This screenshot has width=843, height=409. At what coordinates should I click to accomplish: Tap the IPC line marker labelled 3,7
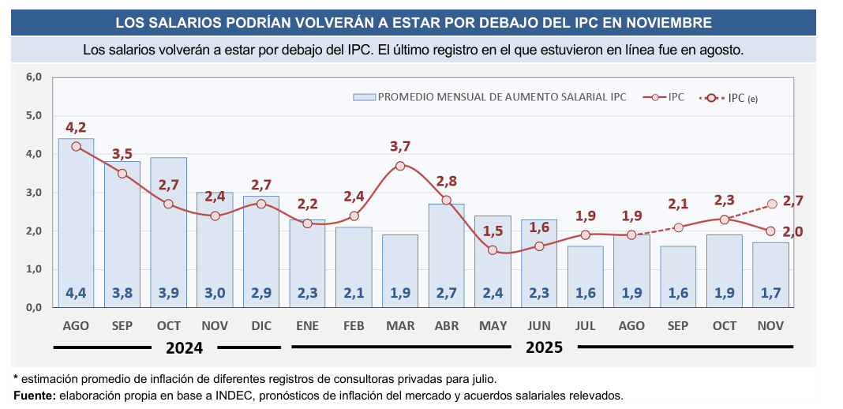[x=400, y=166]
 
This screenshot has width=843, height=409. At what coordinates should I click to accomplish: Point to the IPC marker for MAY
[x=493, y=250]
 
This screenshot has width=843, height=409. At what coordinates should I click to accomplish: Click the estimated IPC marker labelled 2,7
[x=772, y=204]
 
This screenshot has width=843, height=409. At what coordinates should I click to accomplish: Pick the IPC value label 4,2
[x=76, y=128]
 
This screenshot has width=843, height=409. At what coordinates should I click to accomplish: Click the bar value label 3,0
[x=215, y=293]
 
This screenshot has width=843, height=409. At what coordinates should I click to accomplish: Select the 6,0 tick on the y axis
[x=34, y=77]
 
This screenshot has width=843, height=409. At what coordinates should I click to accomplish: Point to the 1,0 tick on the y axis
[x=34, y=270]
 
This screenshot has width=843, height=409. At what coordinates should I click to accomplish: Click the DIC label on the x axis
[x=260, y=325]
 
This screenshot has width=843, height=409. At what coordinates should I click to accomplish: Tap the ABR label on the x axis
[x=446, y=325]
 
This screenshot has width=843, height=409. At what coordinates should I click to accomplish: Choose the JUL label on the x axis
[x=585, y=325]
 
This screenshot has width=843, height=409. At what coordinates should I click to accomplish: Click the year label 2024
[x=184, y=347]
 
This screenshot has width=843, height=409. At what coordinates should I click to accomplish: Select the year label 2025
[x=545, y=347]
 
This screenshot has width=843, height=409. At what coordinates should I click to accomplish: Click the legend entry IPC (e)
[x=743, y=98]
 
